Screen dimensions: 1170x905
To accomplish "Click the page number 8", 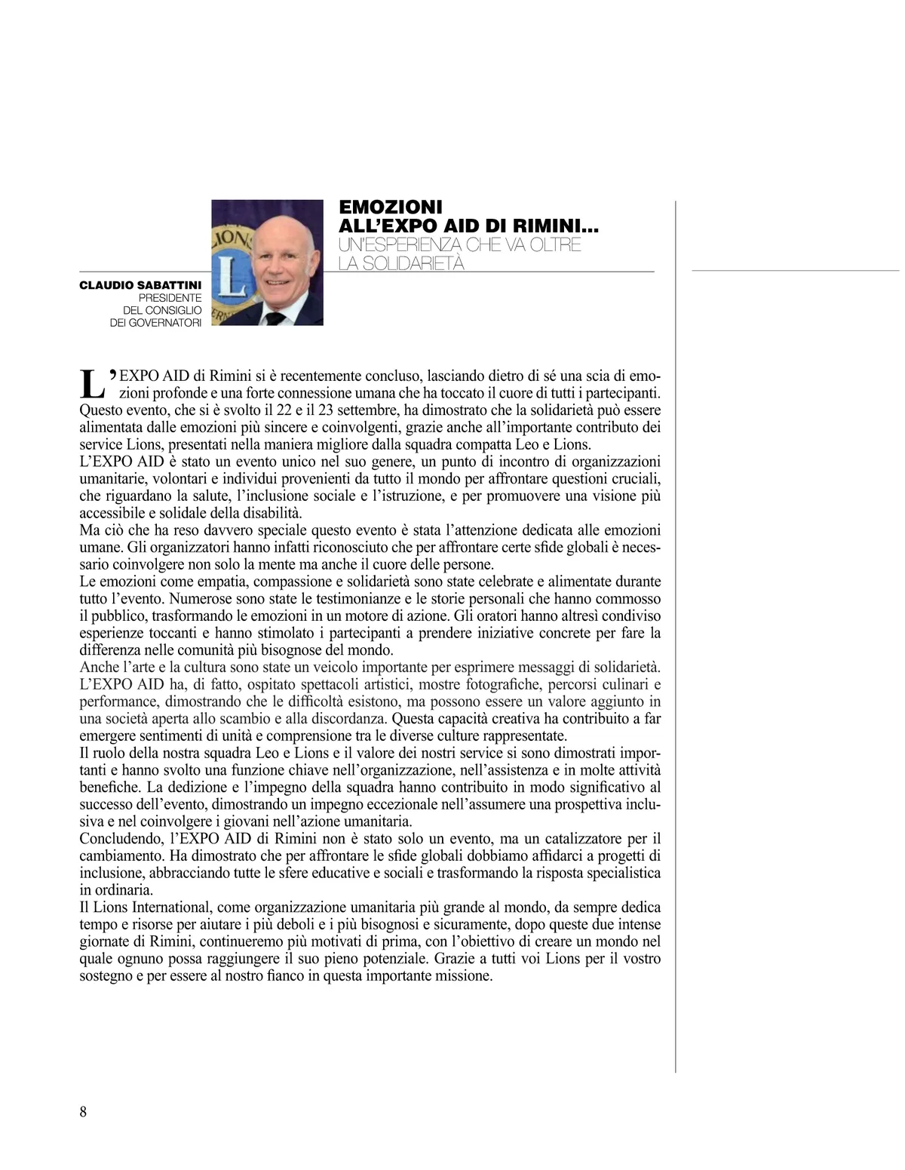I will [x=83, y=1112].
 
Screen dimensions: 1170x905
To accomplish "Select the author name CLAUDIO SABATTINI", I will [x=140, y=286].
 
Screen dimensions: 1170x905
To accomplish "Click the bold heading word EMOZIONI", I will [x=391, y=207].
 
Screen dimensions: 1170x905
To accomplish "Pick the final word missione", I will [x=465, y=976].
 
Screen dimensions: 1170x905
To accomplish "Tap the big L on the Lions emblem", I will [x=234, y=279].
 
